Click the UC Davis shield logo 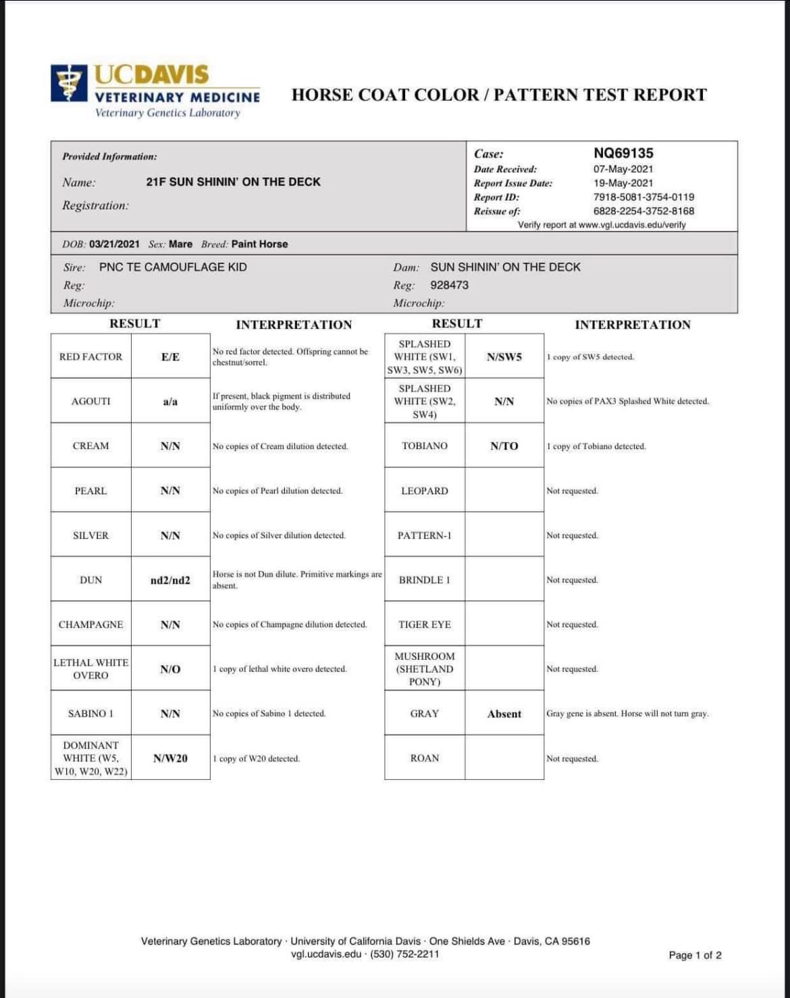pyautogui.click(x=69, y=83)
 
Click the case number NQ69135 pyautogui.click(x=623, y=153)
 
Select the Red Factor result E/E pyautogui.click(x=170, y=357)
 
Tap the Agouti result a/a pyautogui.click(x=170, y=401)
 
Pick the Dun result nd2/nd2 pyautogui.click(x=170, y=580)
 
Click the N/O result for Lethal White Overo pyautogui.click(x=170, y=669)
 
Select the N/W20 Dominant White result pyautogui.click(x=170, y=758)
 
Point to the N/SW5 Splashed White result pyautogui.click(x=504, y=357)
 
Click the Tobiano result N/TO pyautogui.click(x=504, y=446)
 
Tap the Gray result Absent pyautogui.click(x=504, y=714)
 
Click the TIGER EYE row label pyautogui.click(x=425, y=625)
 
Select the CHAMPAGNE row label pyautogui.click(x=90, y=625)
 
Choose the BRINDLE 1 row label pyautogui.click(x=425, y=580)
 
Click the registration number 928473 pyautogui.click(x=449, y=285)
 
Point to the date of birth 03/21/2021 pyautogui.click(x=114, y=244)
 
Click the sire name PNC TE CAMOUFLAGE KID pyautogui.click(x=173, y=267)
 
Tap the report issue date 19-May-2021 pyautogui.click(x=623, y=183)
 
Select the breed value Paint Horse pyautogui.click(x=259, y=244)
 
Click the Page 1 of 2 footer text pyautogui.click(x=695, y=955)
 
